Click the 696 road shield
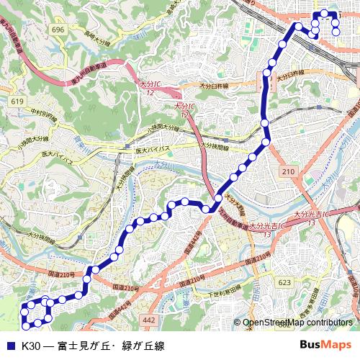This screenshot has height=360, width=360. (x=58, y=30)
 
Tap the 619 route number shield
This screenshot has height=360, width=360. (x=18, y=102)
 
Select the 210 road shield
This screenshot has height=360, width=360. (x=289, y=171)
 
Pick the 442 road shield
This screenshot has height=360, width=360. (x=149, y=319)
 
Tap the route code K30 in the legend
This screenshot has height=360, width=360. (x=31, y=346)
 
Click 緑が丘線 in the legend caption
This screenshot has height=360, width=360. (x=143, y=346)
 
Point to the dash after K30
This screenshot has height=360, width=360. (x=48, y=346)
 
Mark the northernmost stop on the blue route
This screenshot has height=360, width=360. (x=324, y=13)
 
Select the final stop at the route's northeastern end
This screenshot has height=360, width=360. (x=336, y=31)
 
